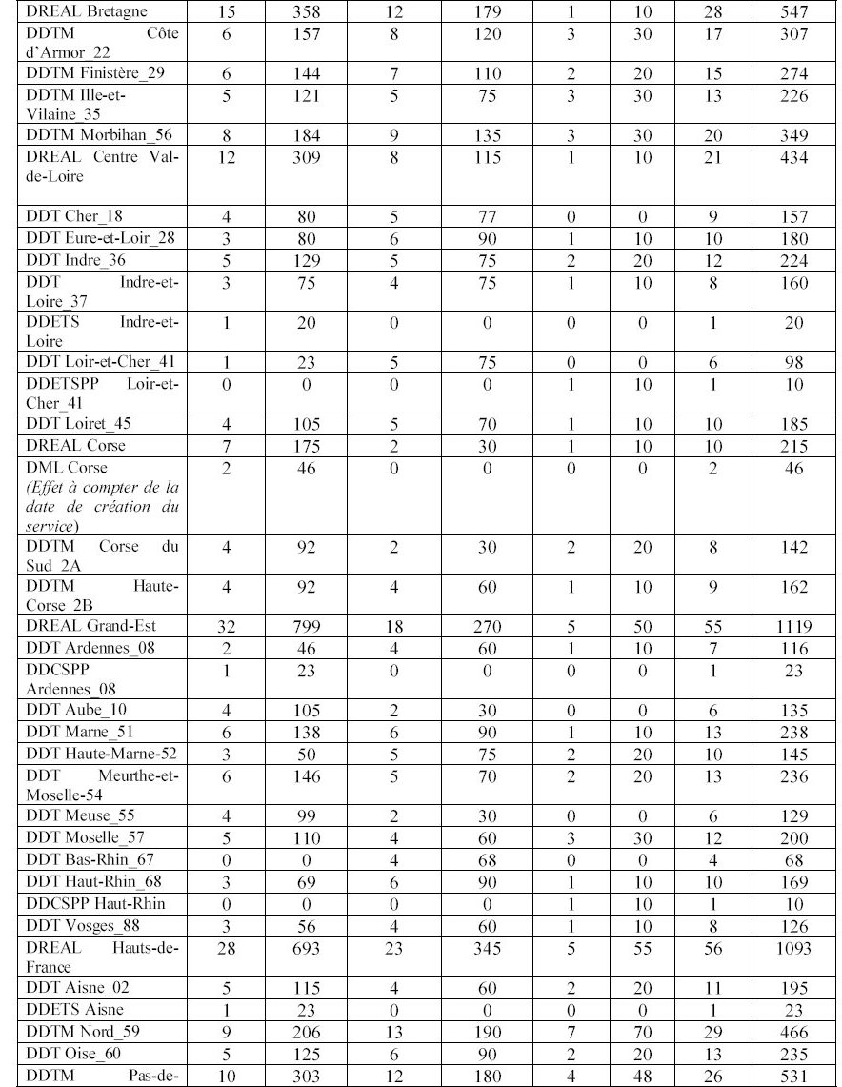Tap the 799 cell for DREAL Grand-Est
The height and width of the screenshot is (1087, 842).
point(306,626)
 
